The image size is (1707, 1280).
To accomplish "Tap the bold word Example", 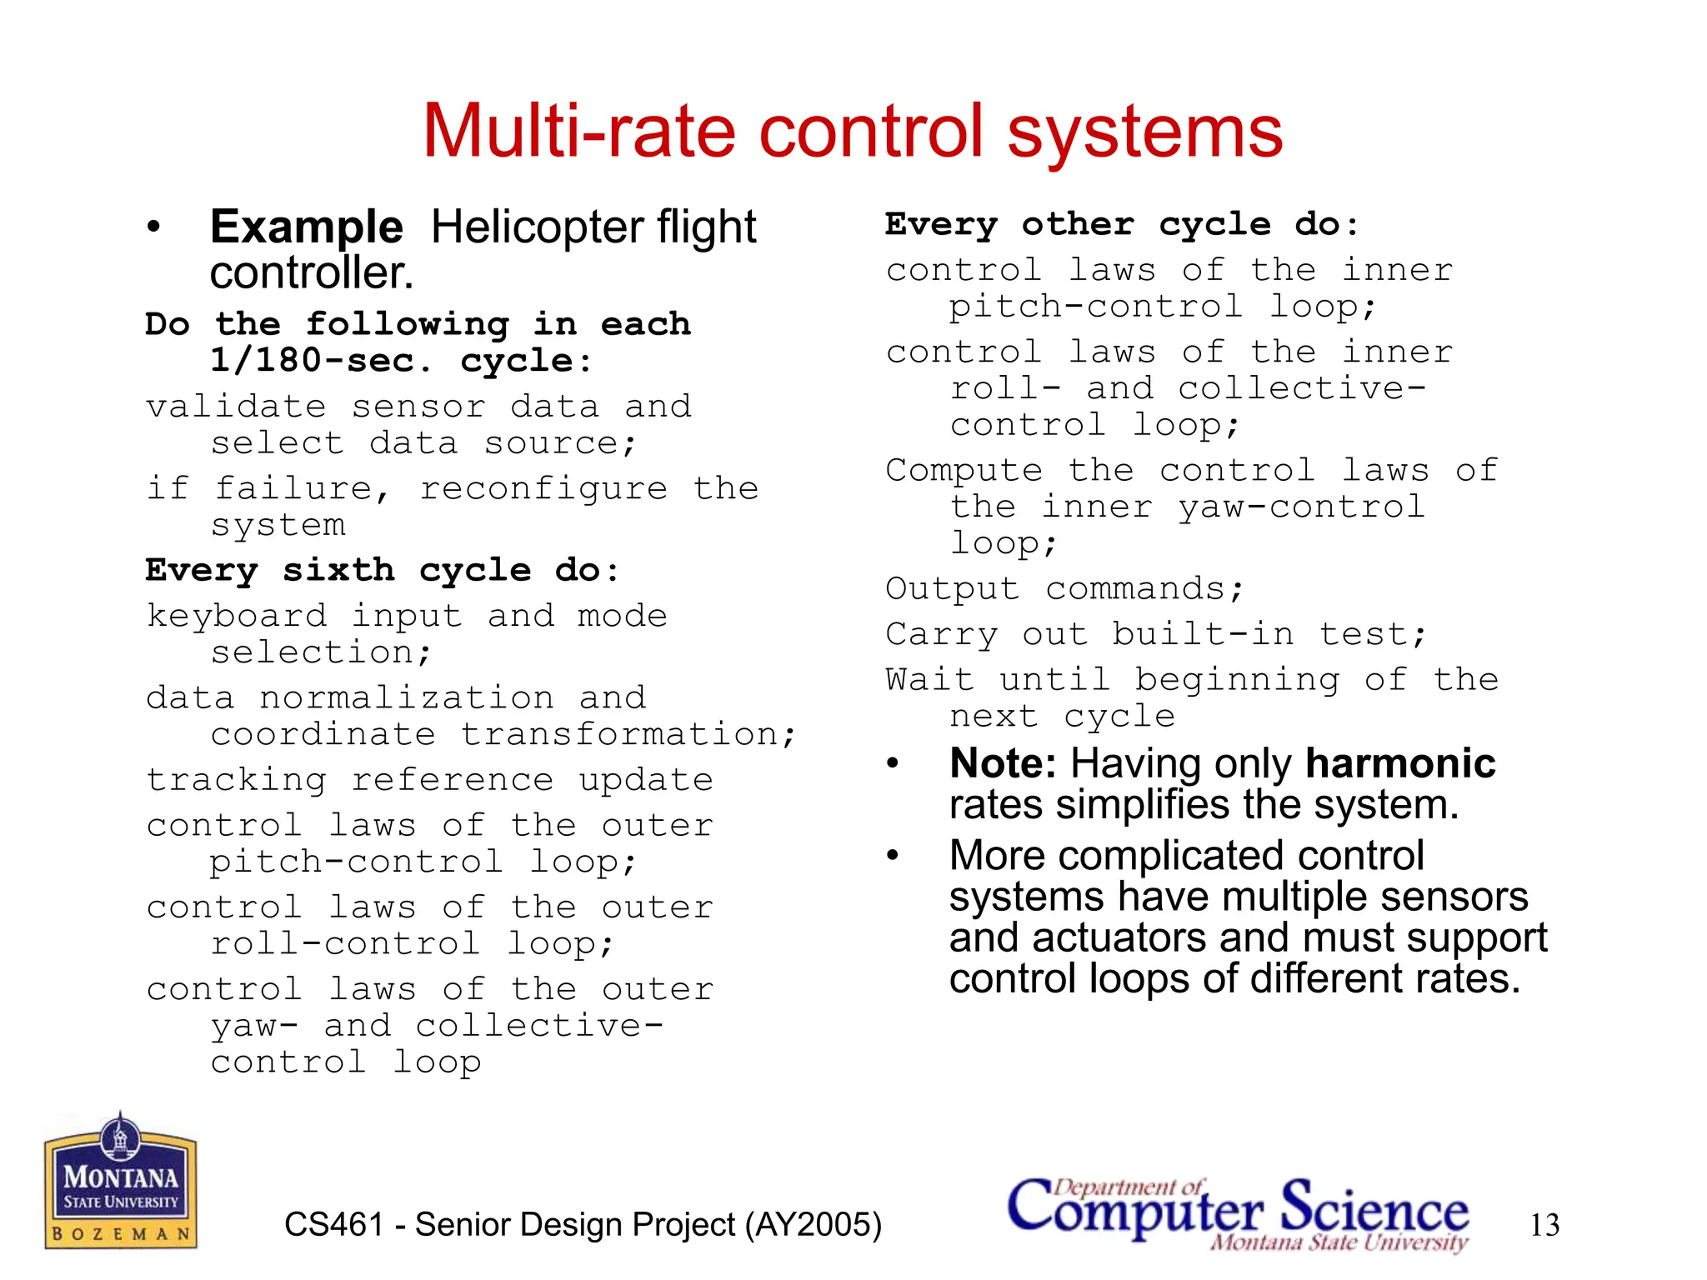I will click(307, 227).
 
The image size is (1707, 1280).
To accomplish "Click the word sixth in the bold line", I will click(338, 571).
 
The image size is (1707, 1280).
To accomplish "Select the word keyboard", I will click(237, 617).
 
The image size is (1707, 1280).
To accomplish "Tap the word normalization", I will click(407, 697).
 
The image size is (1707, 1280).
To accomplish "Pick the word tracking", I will click(237, 780).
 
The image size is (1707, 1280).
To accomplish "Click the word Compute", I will click(964, 472).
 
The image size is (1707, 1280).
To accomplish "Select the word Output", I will click(953, 589).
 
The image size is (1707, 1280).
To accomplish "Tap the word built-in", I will click(1204, 635).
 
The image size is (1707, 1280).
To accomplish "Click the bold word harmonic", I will click(1400, 763).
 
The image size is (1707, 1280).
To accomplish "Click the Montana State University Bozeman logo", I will click(120, 1181).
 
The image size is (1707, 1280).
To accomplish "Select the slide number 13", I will click(1544, 1225).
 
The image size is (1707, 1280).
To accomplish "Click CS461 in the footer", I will click(333, 1225).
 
